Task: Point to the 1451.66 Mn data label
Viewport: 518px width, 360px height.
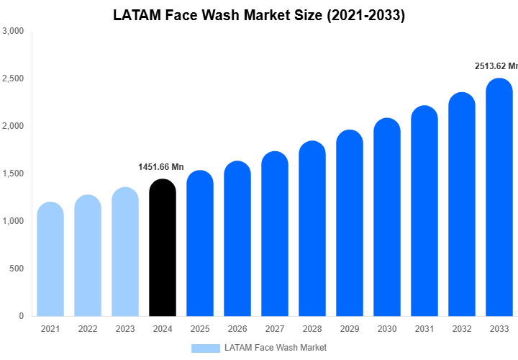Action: [x=161, y=167]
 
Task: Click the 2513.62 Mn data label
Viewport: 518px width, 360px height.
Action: [x=496, y=66]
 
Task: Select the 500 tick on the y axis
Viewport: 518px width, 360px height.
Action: [x=17, y=269]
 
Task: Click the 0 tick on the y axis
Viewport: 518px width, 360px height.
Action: [x=21, y=316]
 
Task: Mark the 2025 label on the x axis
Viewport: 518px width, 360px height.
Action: [x=200, y=329]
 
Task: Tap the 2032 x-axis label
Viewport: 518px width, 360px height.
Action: [x=462, y=329]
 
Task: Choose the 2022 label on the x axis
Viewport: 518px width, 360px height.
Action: [x=88, y=329]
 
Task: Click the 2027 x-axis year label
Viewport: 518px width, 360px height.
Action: [x=275, y=329]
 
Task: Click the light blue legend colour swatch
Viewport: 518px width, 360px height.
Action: [x=206, y=348]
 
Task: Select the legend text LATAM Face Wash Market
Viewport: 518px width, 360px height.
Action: [x=276, y=348]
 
